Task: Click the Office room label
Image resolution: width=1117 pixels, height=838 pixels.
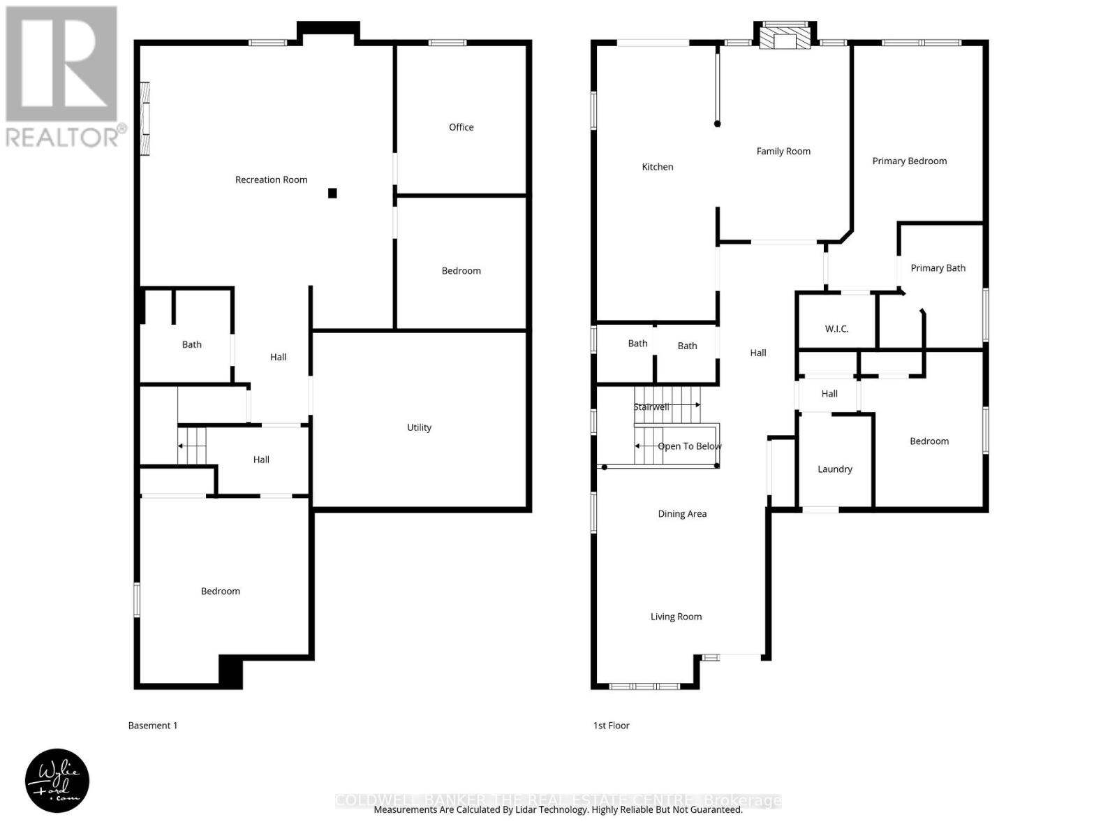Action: point(461,127)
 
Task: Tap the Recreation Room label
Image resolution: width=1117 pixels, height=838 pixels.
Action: point(271,179)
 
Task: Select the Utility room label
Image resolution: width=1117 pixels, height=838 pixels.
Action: point(419,427)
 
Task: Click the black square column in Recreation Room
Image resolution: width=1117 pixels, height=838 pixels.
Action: point(333,193)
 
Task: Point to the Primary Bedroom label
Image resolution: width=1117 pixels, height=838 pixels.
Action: point(909,161)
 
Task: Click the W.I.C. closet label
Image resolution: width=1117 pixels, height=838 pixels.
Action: point(836,329)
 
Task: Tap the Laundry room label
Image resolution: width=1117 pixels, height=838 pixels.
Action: point(835,469)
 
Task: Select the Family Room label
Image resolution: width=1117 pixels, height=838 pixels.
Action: point(783,151)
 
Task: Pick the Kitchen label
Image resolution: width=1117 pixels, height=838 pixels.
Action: point(658,167)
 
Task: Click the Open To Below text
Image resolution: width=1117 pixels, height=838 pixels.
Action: point(689,446)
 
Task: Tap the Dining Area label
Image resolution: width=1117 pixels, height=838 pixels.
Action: point(682,514)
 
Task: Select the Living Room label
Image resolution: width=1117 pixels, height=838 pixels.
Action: point(676,617)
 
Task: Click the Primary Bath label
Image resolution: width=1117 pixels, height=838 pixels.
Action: point(938,268)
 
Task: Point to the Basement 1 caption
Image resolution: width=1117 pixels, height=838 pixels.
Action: point(153,726)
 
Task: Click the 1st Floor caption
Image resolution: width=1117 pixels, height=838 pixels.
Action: point(611,726)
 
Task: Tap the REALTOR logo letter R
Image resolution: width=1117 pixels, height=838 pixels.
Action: point(61,64)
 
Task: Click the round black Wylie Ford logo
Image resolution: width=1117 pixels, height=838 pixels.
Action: point(57,781)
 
